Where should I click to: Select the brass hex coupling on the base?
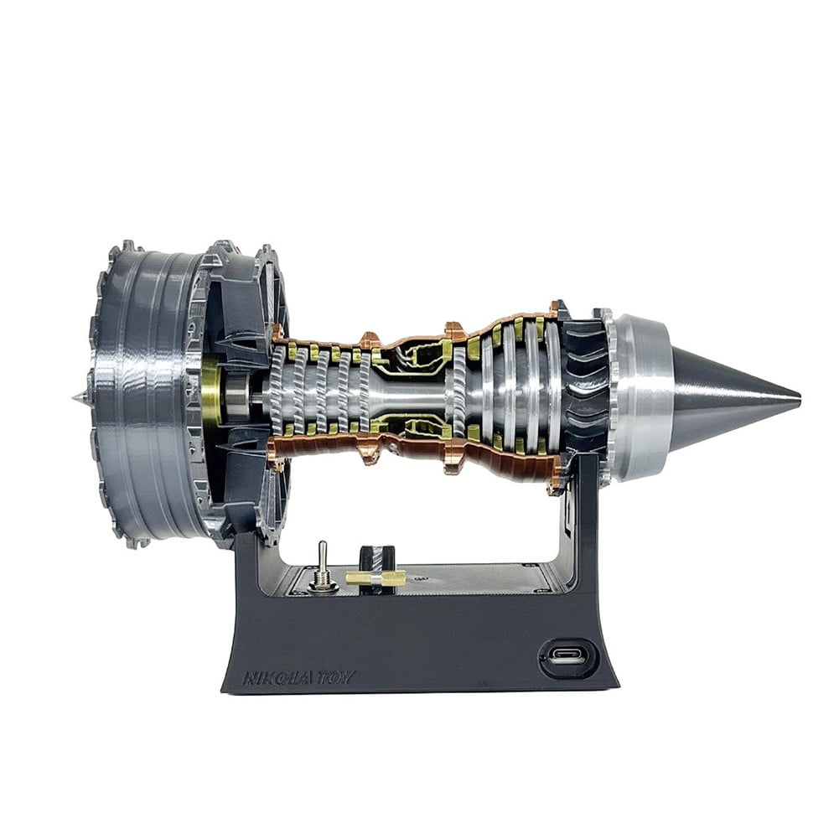click(375, 577)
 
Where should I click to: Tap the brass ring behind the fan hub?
click(212, 394)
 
